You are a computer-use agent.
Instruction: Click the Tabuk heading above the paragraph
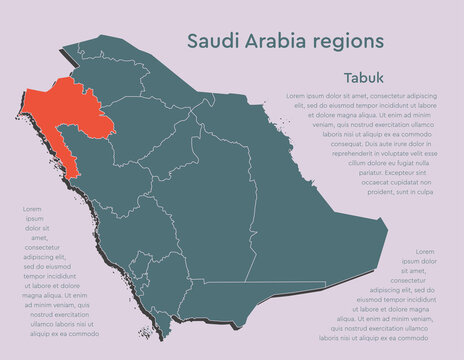coord(363,77)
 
